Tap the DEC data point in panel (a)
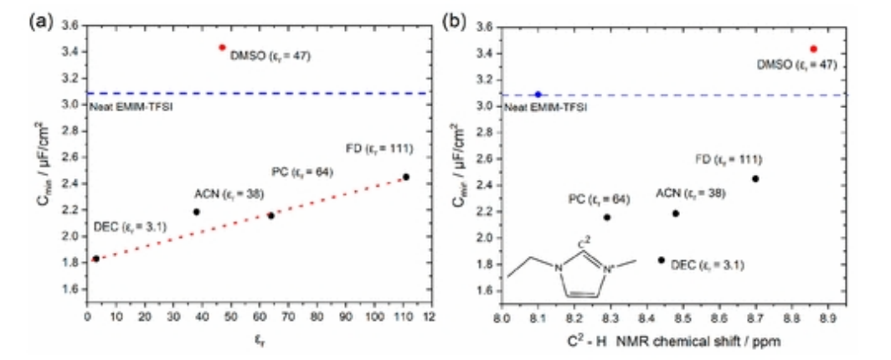click(95, 259)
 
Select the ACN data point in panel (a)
click(196, 212)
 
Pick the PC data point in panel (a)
click(270, 215)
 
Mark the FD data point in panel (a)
click(406, 177)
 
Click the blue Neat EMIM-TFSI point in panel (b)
click(538, 95)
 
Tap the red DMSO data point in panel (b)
click(813, 49)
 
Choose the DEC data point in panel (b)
click(662, 260)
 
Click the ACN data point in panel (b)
click(676, 213)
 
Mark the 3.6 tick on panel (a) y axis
click(71, 26)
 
